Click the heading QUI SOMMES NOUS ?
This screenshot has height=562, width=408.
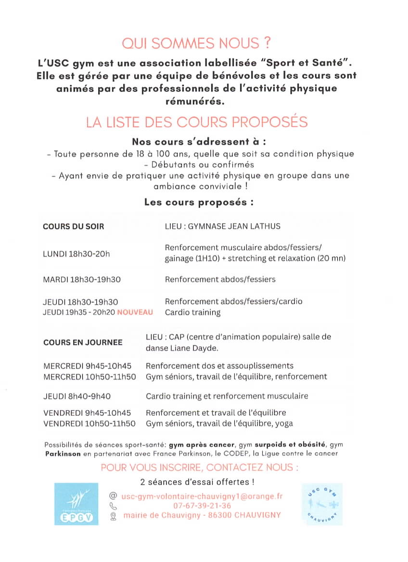[x=196, y=44]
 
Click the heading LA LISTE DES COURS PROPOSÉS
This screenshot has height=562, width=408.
[x=196, y=122]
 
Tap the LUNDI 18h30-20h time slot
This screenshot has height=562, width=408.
[x=76, y=254]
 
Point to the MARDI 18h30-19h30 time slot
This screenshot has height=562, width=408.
[x=82, y=279]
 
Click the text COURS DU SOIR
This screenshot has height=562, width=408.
[x=73, y=226]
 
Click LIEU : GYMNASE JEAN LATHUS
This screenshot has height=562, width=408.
[x=222, y=226]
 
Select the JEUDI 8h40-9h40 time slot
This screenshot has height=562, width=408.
[x=77, y=396]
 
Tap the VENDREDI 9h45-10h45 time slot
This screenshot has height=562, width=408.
[x=87, y=413]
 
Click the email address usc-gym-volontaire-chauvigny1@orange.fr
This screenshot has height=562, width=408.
[x=202, y=496]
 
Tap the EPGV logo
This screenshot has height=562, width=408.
[x=76, y=504]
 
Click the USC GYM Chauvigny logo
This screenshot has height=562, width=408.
[x=322, y=504]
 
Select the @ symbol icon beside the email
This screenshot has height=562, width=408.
[x=114, y=496]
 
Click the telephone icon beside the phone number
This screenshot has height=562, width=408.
[x=114, y=506]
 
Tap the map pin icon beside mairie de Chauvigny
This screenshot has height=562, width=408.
[x=114, y=516]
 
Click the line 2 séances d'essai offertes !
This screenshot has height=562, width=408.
[x=197, y=482]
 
